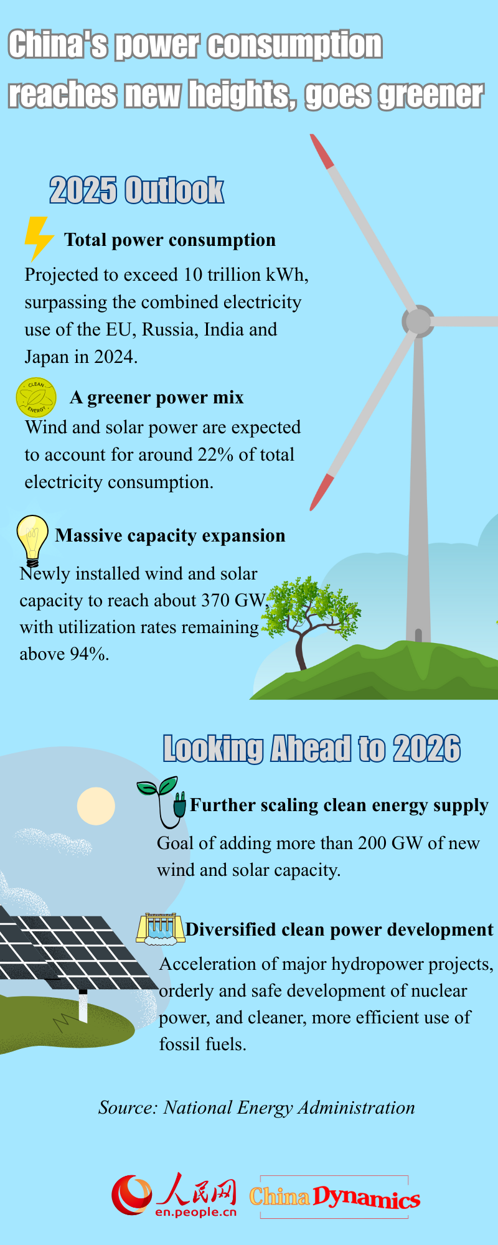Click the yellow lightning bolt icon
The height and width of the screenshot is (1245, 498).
click(38, 239)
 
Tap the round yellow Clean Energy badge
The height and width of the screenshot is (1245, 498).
click(36, 397)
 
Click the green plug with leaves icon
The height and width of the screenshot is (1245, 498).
click(163, 802)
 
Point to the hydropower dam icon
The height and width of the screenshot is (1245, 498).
click(160, 928)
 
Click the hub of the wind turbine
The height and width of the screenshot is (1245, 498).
click(418, 321)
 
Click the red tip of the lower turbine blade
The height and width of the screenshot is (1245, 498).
click(322, 492)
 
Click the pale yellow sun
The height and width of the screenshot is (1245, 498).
click(96, 806)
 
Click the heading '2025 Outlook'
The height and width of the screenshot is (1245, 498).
click(137, 190)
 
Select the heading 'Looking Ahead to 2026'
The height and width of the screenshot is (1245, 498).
click(312, 749)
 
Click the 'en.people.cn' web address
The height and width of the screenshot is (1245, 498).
click(196, 1211)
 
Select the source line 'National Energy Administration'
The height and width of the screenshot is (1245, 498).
click(289, 1107)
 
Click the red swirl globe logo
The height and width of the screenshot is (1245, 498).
click(131, 1195)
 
